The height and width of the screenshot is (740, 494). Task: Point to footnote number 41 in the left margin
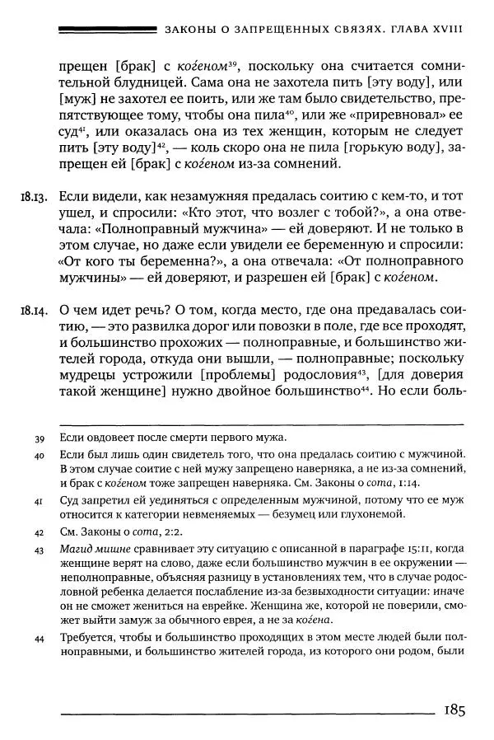[39, 500]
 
